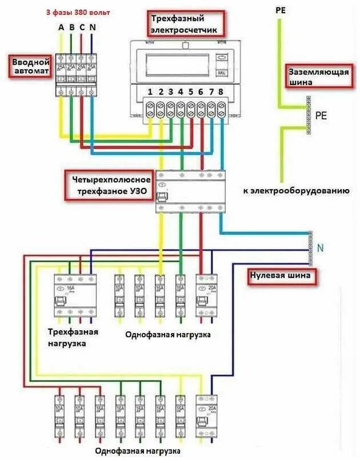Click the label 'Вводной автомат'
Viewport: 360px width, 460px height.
tap(30, 66)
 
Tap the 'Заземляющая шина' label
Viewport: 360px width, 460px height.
tap(318, 75)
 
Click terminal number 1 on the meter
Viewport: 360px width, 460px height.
tap(150, 92)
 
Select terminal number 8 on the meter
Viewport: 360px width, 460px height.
tap(221, 92)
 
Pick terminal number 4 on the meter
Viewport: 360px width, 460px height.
tap(181, 92)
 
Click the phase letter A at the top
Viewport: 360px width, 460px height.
tap(61, 27)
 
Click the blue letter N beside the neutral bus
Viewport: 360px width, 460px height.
tap(320, 247)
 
